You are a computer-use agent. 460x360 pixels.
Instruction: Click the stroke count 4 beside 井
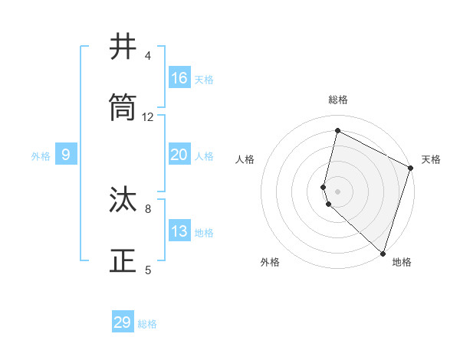148,56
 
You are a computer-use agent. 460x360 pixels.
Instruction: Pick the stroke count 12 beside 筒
148,117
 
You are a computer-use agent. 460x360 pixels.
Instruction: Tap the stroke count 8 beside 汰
148,208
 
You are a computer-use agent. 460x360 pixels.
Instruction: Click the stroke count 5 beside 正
148,270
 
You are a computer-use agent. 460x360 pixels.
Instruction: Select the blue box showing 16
179,78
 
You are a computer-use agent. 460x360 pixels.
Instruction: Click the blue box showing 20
179,155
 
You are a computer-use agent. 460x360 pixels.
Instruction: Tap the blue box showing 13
179,231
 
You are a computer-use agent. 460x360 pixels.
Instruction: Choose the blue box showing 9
66,155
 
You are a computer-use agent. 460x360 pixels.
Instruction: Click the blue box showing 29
123,322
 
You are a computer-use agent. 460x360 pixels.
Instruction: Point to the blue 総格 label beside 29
147,324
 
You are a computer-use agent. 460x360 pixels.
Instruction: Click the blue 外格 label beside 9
41,156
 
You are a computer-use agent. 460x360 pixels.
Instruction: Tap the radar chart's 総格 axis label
337,100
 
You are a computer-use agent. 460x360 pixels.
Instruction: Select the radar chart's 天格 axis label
431,159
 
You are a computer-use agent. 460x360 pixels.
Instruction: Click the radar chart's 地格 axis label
402,262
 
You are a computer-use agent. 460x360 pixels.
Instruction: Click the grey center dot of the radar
337,191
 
